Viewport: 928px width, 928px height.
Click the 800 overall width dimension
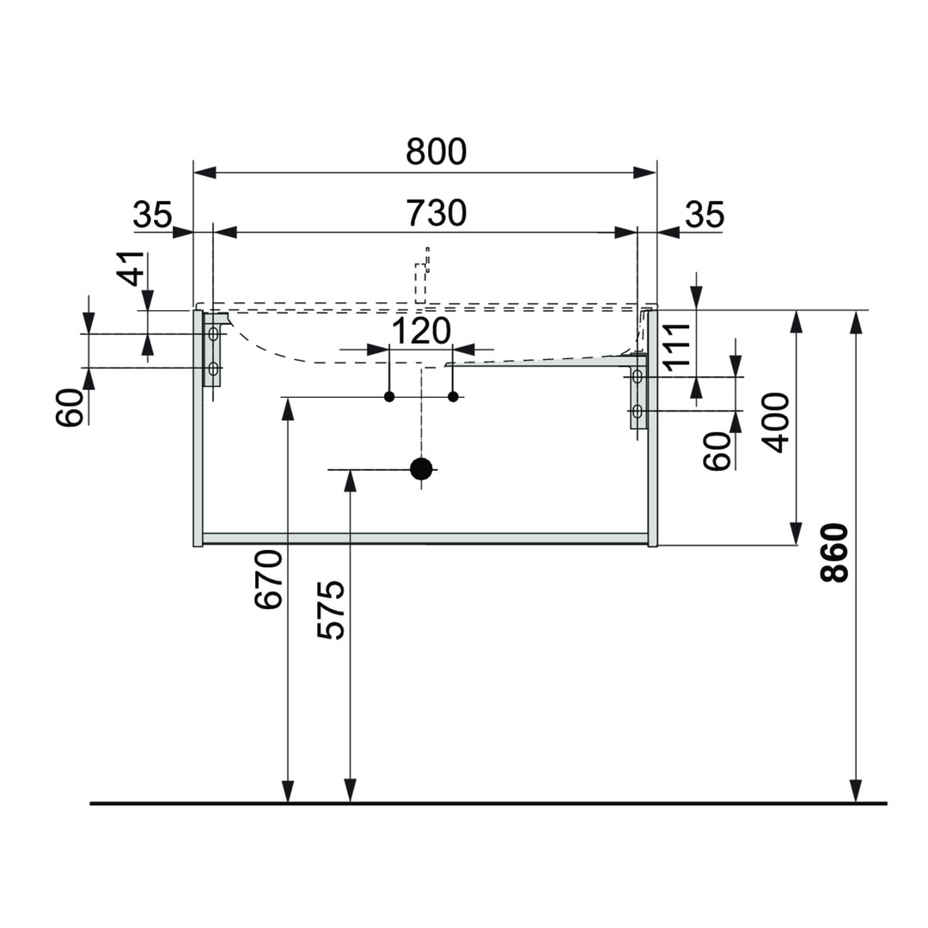(x=436, y=152)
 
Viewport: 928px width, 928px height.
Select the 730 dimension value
(x=436, y=213)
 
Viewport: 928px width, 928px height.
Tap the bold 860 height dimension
(x=834, y=553)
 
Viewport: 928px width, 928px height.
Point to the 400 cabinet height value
(x=776, y=422)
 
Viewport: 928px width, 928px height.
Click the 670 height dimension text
(x=268, y=579)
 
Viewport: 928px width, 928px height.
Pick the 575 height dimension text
(x=331, y=610)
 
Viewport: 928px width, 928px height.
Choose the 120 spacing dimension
(x=421, y=331)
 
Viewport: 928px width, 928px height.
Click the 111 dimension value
(x=678, y=345)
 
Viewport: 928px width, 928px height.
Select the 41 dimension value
(x=131, y=269)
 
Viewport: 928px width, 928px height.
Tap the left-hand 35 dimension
(x=152, y=215)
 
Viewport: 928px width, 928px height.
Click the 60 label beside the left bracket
(x=70, y=406)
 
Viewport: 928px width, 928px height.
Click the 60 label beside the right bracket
(x=717, y=450)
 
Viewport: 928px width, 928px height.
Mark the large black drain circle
(x=421, y=468)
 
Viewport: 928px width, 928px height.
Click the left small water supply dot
(x=389, y=396)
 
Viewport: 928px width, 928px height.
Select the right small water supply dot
(x=453, y=396)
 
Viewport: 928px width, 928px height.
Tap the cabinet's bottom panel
(x=425, y=539)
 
